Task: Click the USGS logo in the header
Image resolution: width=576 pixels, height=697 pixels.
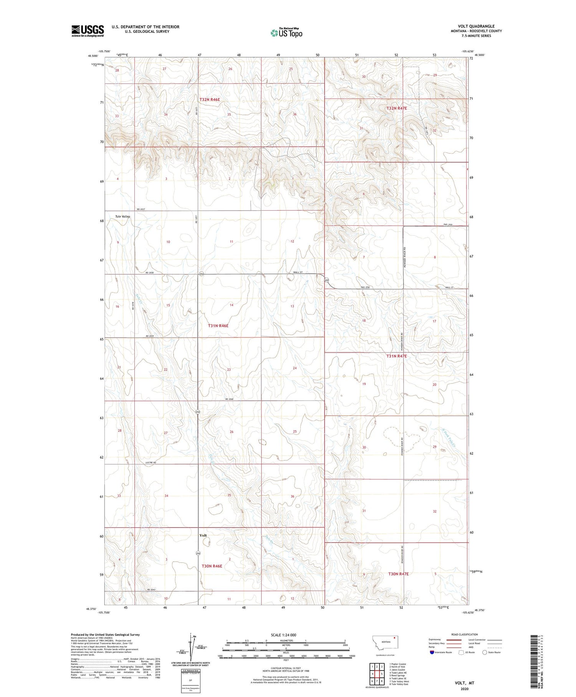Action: pyautogui.click(x=88, y=31)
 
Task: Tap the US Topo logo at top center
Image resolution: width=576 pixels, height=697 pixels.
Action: pyautogui.click(x=286, y=33)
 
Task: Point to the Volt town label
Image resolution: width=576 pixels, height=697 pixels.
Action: pyautogui.click(x=203, y=535)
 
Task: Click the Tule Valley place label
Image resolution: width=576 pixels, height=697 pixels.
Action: pyautogui.click(x=122, y=216)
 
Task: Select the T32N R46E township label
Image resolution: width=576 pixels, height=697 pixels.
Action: pyautogui.click(x=210, y=100)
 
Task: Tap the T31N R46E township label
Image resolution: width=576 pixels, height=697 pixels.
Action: pyautogui.click(x=218, y=326)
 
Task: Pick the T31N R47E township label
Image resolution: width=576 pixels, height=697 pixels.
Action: pyautogui.click(x=396, y=356)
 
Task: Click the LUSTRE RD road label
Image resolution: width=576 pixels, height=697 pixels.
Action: pyautogui.click(x=151, y=462)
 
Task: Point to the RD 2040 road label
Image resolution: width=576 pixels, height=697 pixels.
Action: pyautogui.click(x=230, y=399)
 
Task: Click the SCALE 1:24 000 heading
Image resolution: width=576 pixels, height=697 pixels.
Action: pyautogui.click(x=278, y=635)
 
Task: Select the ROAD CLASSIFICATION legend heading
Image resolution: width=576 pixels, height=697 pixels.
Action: pyautogui.click(x=465, y=634)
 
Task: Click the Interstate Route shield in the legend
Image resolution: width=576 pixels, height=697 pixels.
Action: pyautogui.click(x=432, y=652)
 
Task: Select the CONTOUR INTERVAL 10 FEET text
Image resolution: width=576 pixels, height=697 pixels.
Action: pyautogui.click(x=286, y=668)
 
